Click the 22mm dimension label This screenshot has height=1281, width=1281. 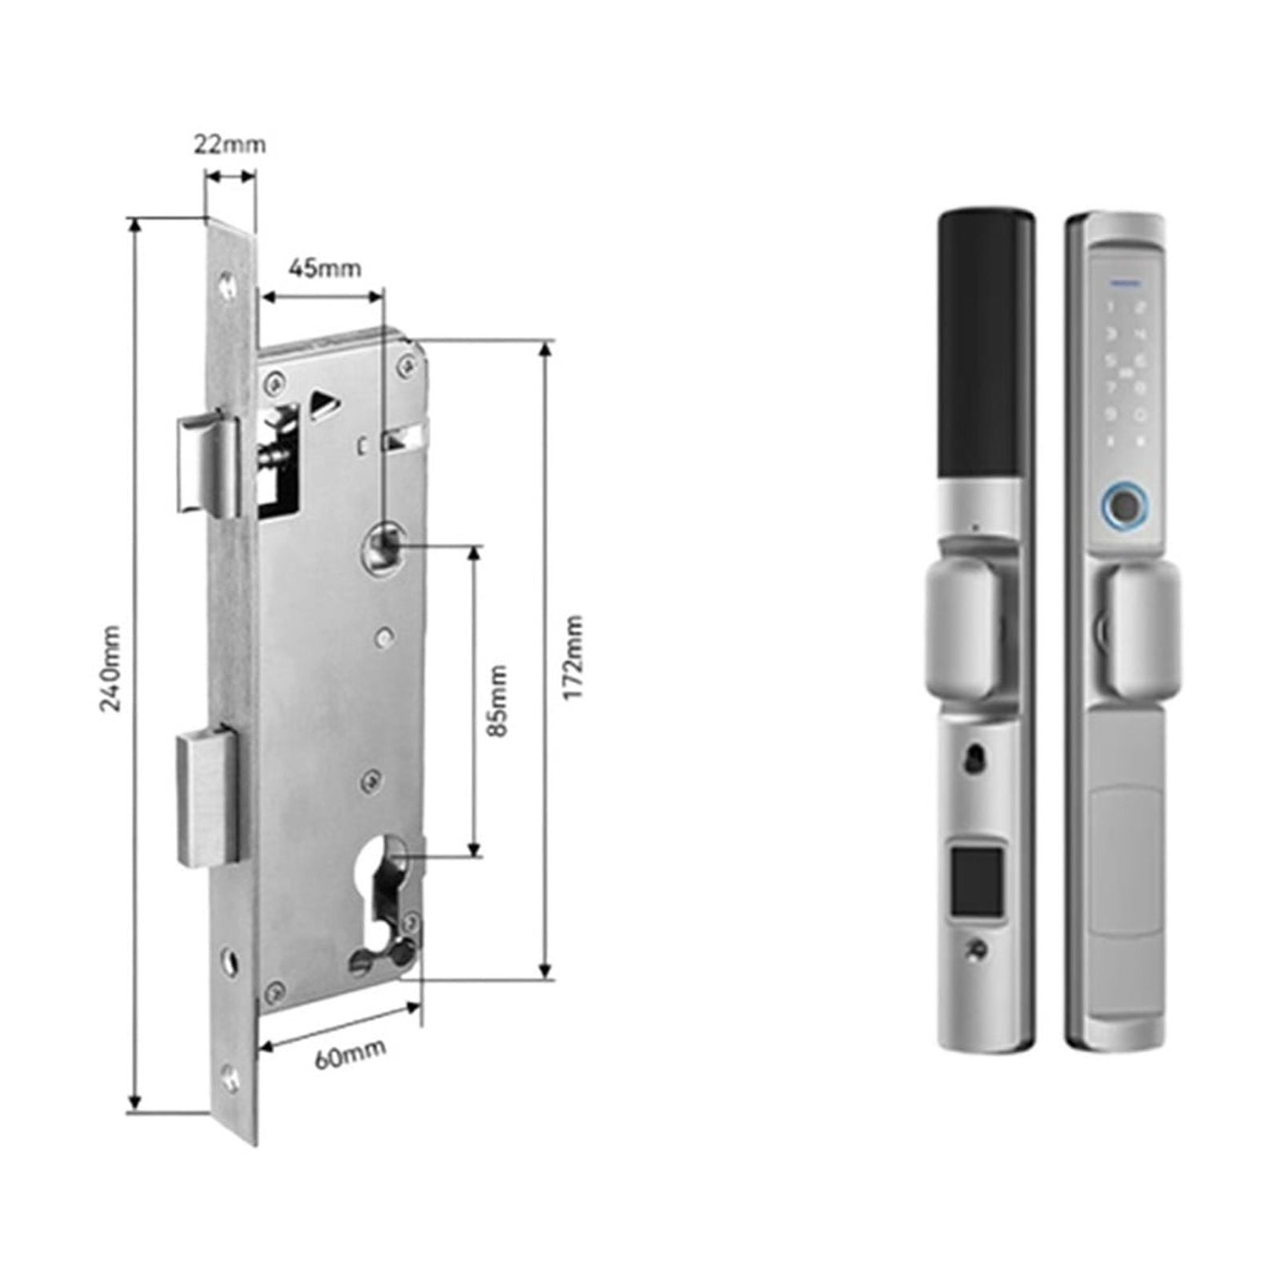pyautogui.click(x=230, y=145)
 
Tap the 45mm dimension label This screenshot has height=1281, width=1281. pyautogui.click(x=324, y=267)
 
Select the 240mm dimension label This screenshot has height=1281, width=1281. pyautogui.click(x=111, y=669)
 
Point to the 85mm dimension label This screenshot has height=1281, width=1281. pyautogui.click(x=498, y=701)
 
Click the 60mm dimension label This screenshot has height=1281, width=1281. pyautogui.click(x=350, y=1052)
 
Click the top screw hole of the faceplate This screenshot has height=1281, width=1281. pyautogui.click(x=229, y=283)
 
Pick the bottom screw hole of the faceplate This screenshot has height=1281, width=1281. pyautogui.click(x=231, y=1078)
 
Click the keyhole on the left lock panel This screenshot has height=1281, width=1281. pyautogui.click(x=974, y=759)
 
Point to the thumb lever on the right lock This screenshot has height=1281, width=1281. pyautogui.click(x=1142, y=625)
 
